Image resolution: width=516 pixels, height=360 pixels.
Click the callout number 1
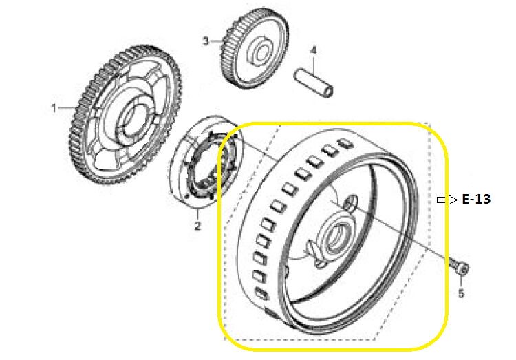53,107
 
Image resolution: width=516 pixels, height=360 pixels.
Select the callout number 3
205,41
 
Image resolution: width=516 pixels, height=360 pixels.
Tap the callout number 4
312,51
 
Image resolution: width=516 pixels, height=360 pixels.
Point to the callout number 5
461,294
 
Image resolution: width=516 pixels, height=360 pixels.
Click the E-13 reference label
476,200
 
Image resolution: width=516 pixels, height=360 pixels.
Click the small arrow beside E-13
447,200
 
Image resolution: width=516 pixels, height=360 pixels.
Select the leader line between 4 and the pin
314,62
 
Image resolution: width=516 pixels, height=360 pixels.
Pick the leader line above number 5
461,283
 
